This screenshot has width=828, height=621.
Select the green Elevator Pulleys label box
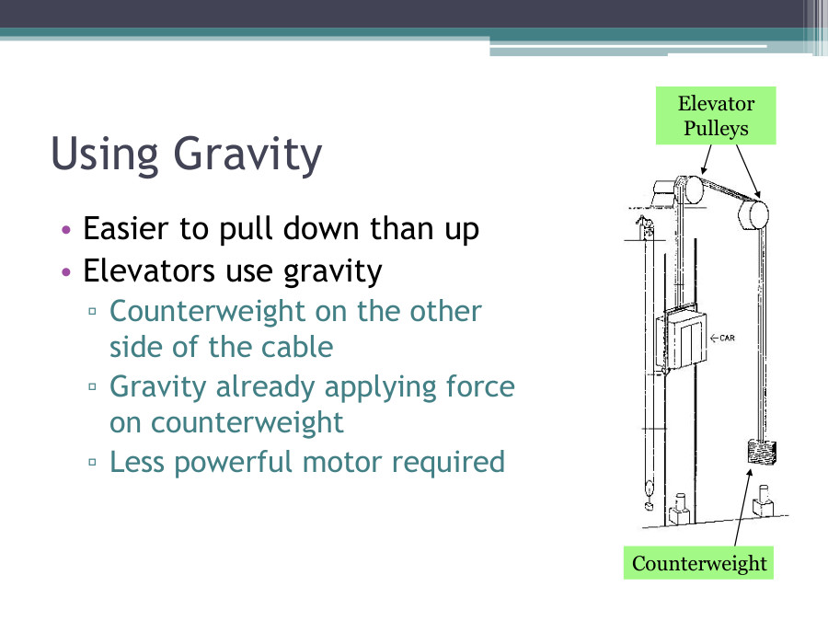point(716,116)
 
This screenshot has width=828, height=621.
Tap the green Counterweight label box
point(698,563)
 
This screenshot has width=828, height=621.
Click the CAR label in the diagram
point(723,338)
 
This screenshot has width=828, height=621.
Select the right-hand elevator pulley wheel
point(753,217)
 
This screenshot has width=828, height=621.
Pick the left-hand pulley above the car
point(688,191)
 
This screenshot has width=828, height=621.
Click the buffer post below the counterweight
point(762,505)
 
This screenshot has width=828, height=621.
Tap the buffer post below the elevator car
point(682,507)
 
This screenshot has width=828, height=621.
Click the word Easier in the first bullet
point(123,228)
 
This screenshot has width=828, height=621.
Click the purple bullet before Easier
point(65,229)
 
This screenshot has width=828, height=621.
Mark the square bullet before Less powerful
point(93,463)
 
